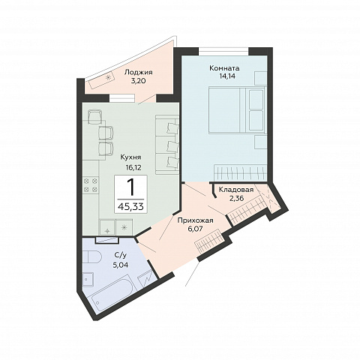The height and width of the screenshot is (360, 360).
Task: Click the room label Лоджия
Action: click(138, 73)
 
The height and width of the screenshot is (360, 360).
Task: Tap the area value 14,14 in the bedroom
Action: click(223, 76)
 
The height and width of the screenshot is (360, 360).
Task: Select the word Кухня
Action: click(130, 157)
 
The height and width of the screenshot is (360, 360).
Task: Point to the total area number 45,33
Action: click(130, 207)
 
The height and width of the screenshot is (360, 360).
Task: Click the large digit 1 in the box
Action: click(130, 187)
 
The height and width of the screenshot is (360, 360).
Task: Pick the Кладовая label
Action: click(236, 190)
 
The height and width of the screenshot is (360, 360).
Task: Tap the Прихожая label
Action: click(195, 220)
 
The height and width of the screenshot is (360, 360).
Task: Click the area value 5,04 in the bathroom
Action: click(121, 265)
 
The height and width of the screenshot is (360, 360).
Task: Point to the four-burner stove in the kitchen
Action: click(91, 184)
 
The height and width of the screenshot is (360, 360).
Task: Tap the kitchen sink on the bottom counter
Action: click(107, 227)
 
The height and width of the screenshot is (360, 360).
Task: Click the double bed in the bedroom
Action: click(237, 109)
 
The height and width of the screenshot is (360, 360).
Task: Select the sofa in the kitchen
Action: click(167, 144)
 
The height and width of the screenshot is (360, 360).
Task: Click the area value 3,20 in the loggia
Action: click(138, 81)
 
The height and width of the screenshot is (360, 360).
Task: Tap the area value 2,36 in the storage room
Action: click(236, 198)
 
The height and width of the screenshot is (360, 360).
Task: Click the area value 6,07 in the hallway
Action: click(195, 229)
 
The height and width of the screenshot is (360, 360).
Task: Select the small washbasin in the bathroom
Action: click(88, 279)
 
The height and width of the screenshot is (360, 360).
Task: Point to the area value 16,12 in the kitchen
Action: click(133, 167)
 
